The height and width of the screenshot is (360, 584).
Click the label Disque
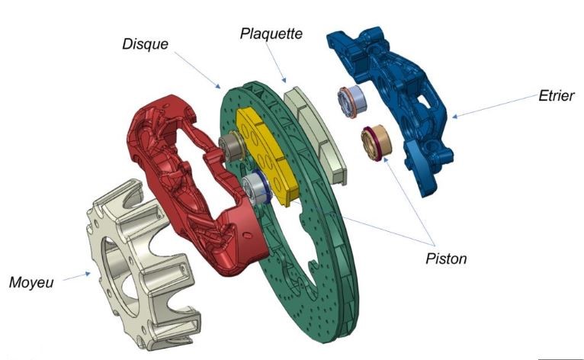click(x=146, y=44)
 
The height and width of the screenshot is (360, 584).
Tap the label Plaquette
click(x=271, y=34)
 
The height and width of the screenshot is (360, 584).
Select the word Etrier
click(x=556, y=96)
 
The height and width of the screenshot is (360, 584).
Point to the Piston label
click(x=446, y=259)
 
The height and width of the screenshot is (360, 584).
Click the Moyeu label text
click(x=31, y=282)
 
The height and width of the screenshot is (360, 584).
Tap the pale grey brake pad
click(x=316, y=134)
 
